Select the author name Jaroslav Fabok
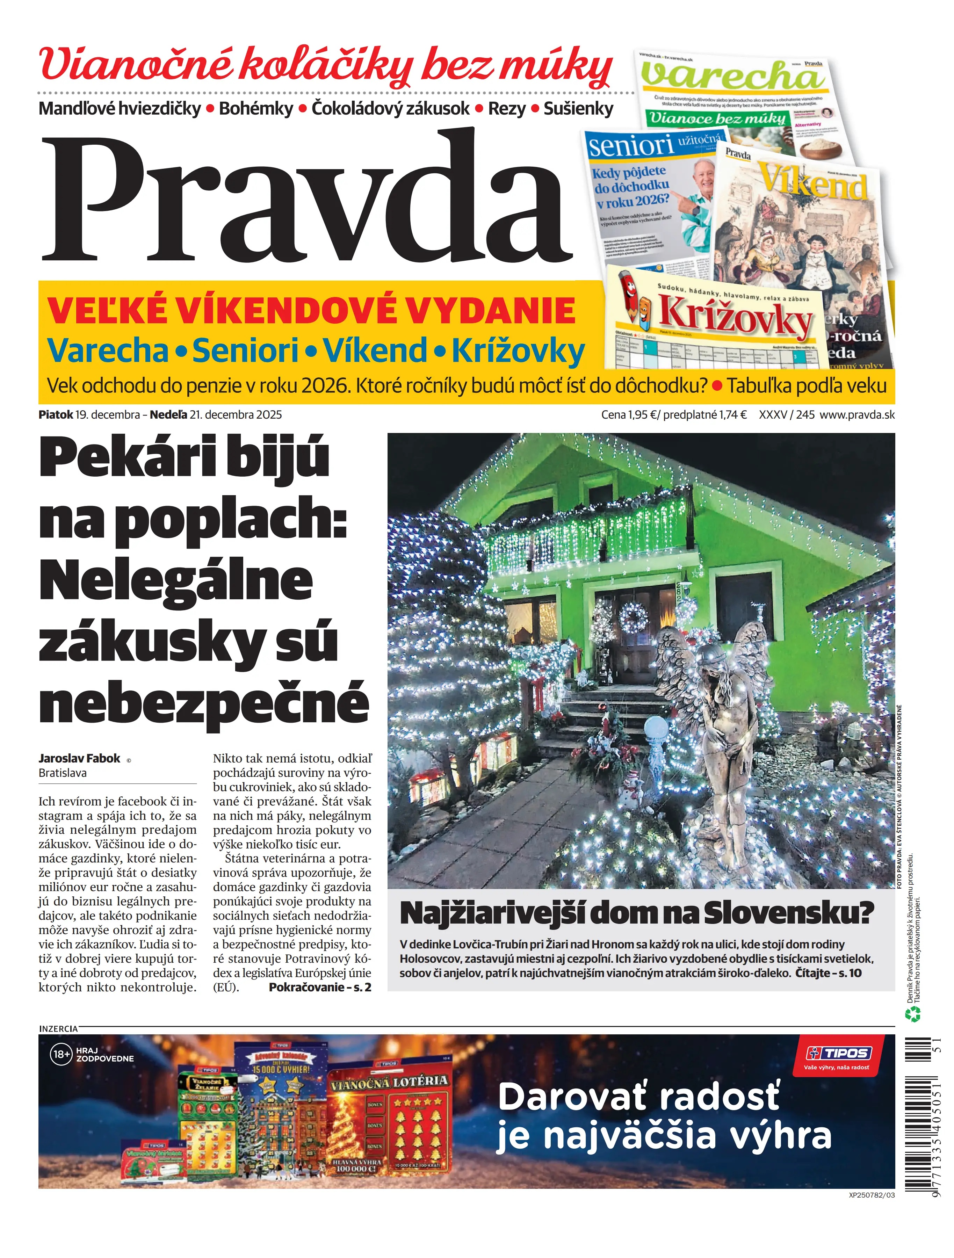point(80,758)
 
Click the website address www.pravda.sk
point(857,414)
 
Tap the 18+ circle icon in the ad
point(61,1054)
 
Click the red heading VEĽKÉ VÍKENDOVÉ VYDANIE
point(311,311)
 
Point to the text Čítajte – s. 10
point(828,973)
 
